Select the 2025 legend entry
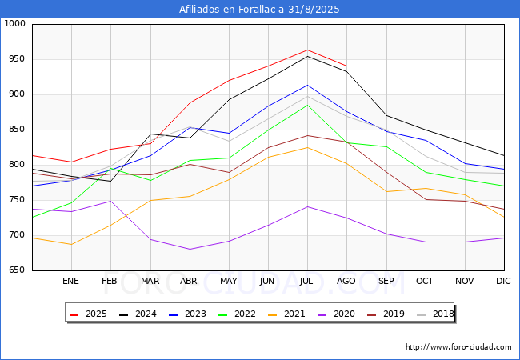pyautogui.click(x=88, y=314)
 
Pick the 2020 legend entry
pyautogui.click(x=336, y=314)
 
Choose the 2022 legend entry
pyautogui.click(x=237, y=314)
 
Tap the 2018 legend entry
pyautogui.click(x=435, y=314)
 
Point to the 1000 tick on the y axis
pyautogui.click(x=14, y=23)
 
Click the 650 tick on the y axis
pyautogui.click(x=17, y=270)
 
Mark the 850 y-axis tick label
pyautogui.click(x=17, y=130)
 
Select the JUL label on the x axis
pyautogui.click(x=306, y=281)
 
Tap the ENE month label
pyautogui.click(x=70, y=281)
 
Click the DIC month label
pyautogui.click(x=503, y=281)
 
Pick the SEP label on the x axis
pyautogui.click(x=386, y=281)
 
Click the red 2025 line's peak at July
pyautogui.click(x=307, y=50)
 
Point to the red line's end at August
pyautogui.click(x=346, y=66)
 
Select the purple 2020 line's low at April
pyautogui.click(x=190, y=249)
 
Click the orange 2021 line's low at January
pyautogui.click(x=71, y=244)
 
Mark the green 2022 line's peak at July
pyautogui.click(x=307, y=105)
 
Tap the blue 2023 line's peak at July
pyautogui.click(x=307, y=85)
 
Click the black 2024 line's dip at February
pyautogui.click(x=110, y=181)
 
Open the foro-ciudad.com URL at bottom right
pyautogui.click(x=458, y=347)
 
